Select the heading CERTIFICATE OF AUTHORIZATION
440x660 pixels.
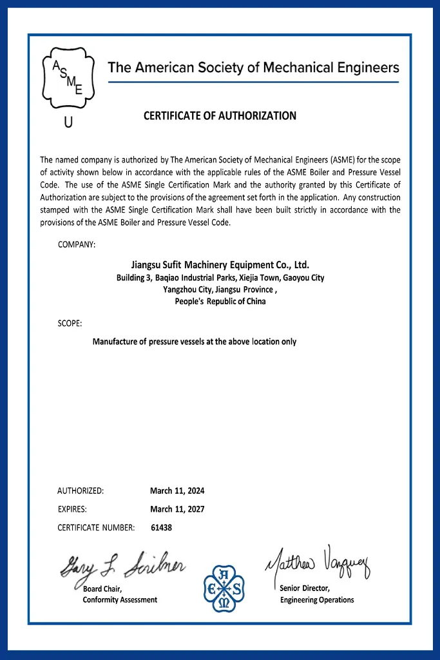[x=220, y=116]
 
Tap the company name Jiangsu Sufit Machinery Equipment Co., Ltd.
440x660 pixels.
[x=220, y=264]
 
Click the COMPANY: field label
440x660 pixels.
[x=77, y=244]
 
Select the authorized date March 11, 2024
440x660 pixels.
[x=177, y=490]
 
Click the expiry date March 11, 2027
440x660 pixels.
[x=177, y=509]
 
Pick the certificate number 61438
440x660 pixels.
[x=161, y=527]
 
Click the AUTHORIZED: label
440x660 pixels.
[x=81, y=490]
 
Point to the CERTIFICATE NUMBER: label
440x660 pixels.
[x=96, y=527]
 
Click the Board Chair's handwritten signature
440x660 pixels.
[x=122, y=565]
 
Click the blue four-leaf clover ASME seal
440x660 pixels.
[x=224, y=587]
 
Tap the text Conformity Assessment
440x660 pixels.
[x=120, y=600]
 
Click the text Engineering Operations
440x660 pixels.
[x=317, y=600]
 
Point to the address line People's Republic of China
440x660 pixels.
[x=220, y=301]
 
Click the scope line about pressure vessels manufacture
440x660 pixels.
[x=195, y=342]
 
